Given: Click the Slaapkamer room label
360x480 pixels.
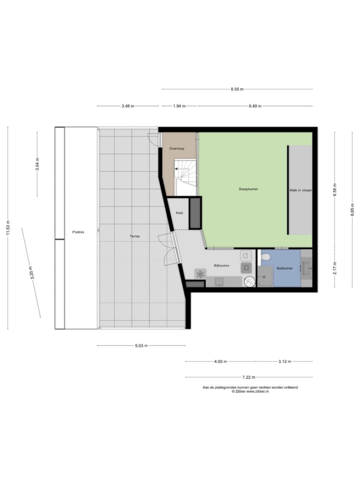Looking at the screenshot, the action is pyautogui.click(x=248, y=189).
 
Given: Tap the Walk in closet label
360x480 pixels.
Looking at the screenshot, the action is pyautogui.click(x=300, y=190).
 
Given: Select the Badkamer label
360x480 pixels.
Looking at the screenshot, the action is pyautogui.click(x=285, y=268).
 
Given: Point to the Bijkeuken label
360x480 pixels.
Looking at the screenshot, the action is pyautogui.click(x=221, y=266).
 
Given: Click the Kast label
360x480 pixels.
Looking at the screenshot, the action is pyautogui.click(x=179, y=213).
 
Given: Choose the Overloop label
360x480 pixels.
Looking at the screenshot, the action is pyautogui.click(x=177, y=149).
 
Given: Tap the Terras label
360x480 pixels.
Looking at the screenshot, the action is pyautogui.click(x=135, y=236).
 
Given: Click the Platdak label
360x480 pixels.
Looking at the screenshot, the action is pyautogui.click(x=78, y=232).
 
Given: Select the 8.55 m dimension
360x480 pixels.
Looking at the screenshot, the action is pyautogui.click(x=237, y=89).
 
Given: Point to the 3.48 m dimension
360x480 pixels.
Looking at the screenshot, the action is pyautogui.click(x=128, y=106).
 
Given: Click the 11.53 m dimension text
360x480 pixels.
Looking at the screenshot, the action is pyautogui.click(x=8, y=228).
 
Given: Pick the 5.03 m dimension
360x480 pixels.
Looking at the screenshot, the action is pyautogui.click(x=141, y=346).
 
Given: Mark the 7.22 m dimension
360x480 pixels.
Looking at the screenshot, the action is pyautogui.click(x=249, y=377).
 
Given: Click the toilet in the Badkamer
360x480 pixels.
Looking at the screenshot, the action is pyautogui.click(x=265, y=257).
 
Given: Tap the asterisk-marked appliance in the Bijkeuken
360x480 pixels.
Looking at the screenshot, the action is pyautogui.click(x=200, y=274).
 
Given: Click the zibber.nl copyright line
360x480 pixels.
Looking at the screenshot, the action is pyautogui.click(x=250, y=391).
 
